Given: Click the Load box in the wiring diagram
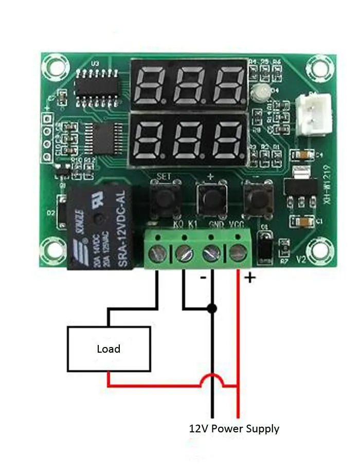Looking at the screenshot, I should pos(109,349).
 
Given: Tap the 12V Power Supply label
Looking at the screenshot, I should pos(234,428).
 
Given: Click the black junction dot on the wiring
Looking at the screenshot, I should pos(211,308).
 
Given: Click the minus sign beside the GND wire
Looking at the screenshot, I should pos(203,278).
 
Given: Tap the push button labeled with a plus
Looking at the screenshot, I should pos(210,198).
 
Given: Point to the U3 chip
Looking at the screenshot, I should pos(97,85).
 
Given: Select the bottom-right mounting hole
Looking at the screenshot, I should pos(314,248).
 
